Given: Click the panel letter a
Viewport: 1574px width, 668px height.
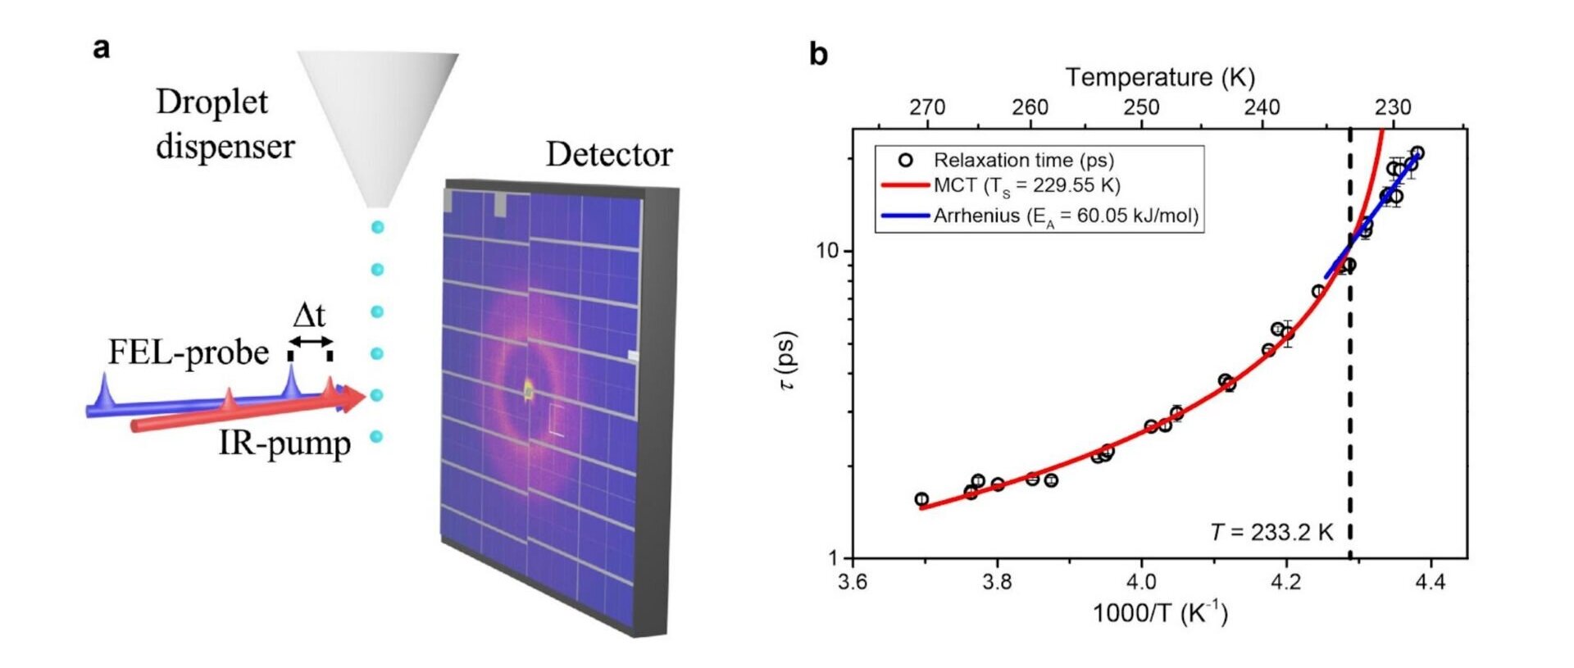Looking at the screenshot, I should tap(102, 48).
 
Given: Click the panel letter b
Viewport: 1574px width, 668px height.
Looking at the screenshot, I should tap(818, 55).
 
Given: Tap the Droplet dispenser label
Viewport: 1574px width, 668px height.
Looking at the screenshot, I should tap(225, 124).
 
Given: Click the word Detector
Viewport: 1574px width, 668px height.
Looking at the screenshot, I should tap(608, 154).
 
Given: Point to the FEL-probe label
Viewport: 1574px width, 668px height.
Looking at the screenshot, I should tap(189, 352).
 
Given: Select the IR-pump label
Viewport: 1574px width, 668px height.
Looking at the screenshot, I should tap(284, 443).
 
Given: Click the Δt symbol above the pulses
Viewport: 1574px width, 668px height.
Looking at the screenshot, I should tap(309, 316).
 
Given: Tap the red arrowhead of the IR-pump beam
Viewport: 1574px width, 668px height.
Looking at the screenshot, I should tap(353, 398).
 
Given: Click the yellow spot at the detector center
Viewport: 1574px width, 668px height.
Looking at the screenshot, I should tap(529, 391).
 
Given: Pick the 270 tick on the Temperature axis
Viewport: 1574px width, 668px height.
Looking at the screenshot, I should tap(927, 107).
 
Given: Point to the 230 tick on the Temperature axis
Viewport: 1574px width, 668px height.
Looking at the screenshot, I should tap(1393, 107).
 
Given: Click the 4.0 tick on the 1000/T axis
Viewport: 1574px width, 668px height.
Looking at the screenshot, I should tap(1141, 582).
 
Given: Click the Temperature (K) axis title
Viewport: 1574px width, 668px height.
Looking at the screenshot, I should tap(1160, 77).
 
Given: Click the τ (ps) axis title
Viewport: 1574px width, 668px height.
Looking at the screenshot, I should tap(788, 361).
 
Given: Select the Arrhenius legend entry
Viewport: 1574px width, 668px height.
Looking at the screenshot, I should tap(1066, 216).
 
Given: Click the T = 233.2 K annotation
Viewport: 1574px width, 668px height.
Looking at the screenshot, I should tap(1271, 533).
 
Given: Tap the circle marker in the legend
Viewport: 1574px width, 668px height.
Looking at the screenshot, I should tap(905, 160).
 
